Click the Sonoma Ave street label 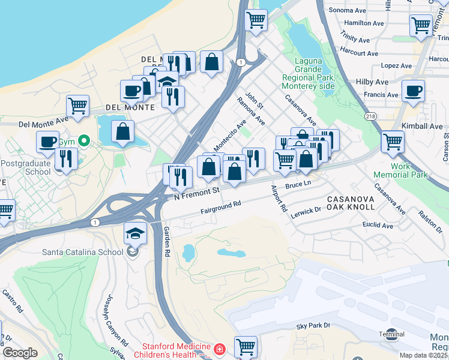(x=345, y=10)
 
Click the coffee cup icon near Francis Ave (x=412, y=92)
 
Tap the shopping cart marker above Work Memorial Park (x=392, y=142)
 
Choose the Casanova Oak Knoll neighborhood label (x=351, y=202)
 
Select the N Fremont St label (x=193, y=194)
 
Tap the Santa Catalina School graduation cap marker (x=135, y=233)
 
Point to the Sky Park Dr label (x=313, y=325)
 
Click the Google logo (x=20, y=353)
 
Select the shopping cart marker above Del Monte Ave (x=77, y=107)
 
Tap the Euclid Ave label (x=378, y=226)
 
